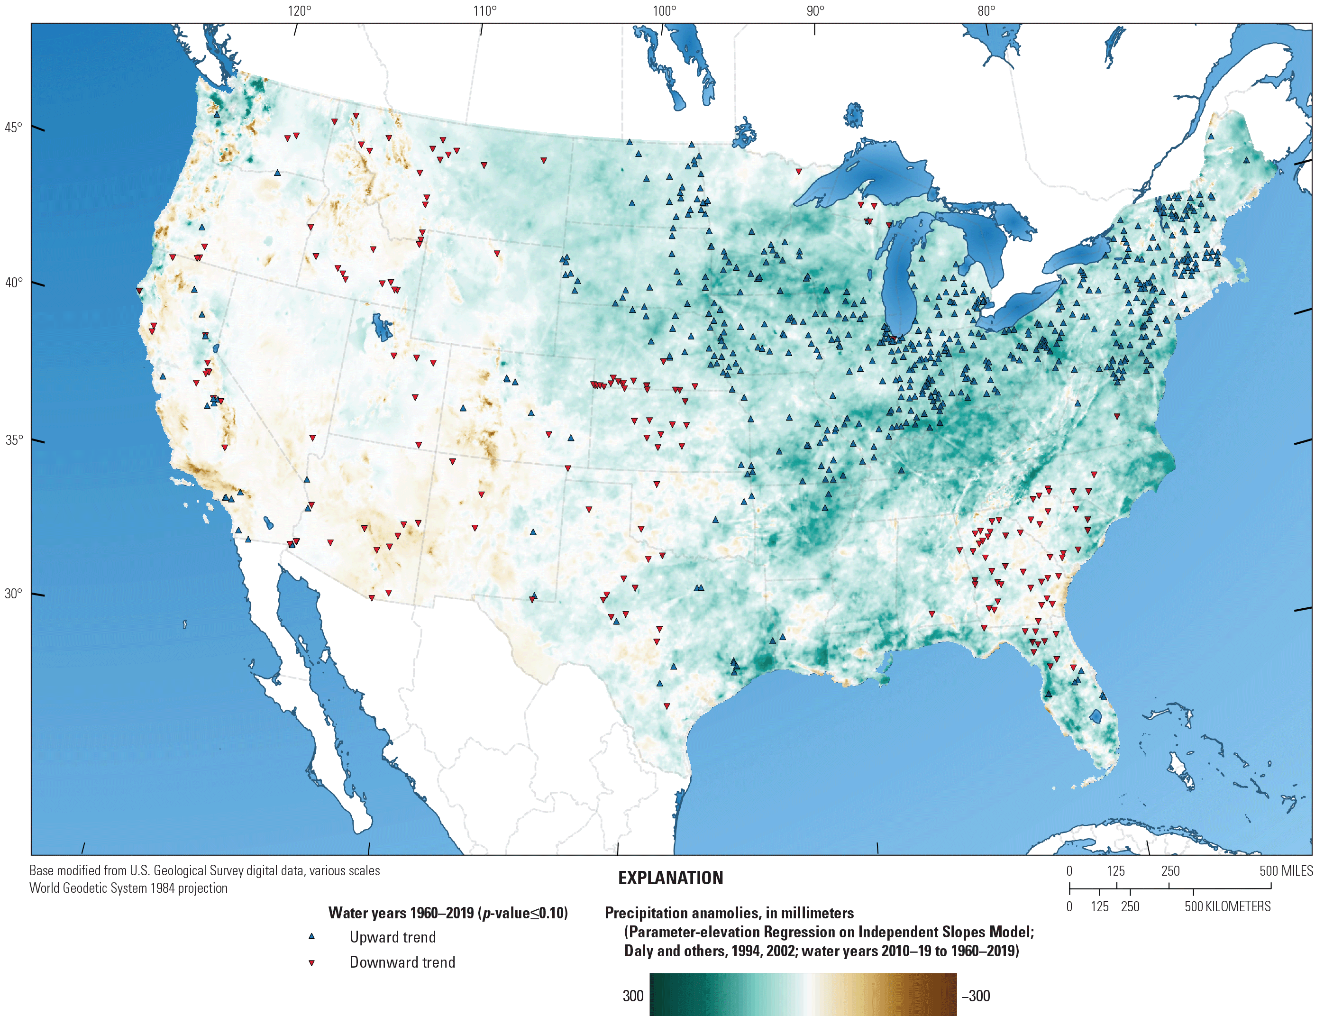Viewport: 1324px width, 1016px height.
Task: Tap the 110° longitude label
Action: pyautogui.click(x=484, y=11)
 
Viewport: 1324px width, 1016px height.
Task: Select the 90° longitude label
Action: pyautogui.click(x=815, y=11)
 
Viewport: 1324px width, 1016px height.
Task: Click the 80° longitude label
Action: pyautogui.click(x=986, y=11)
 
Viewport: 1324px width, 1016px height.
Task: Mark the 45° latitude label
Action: pyautogui.click(x=13, y=128)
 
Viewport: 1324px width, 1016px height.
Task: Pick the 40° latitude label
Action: pyautogui.click(x=13, y=283)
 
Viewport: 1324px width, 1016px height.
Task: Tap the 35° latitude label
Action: pyautogui.click(x=13, y=439)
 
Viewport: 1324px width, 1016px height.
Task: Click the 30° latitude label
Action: pyautogui.click(x=13, y=593)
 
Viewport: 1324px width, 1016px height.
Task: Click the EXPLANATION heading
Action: pyautogui.click(x=670, y=878)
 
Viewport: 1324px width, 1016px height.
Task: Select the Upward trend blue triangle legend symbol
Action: pyautogui.click(x=312, y=936)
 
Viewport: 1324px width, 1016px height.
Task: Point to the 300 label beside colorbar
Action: pyautogui.click(x=632, y=996)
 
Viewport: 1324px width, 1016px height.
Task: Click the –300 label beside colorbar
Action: pyautogui.click(x=975, y=996)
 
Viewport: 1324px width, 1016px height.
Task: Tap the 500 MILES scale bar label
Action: pyautogui.click(x=1286, y=871)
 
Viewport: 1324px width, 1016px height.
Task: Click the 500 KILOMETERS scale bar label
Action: pyautogui.click(x=1227, y=906)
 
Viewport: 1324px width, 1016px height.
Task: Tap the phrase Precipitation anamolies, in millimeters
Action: pyautogui.click(x=729, y=913)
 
